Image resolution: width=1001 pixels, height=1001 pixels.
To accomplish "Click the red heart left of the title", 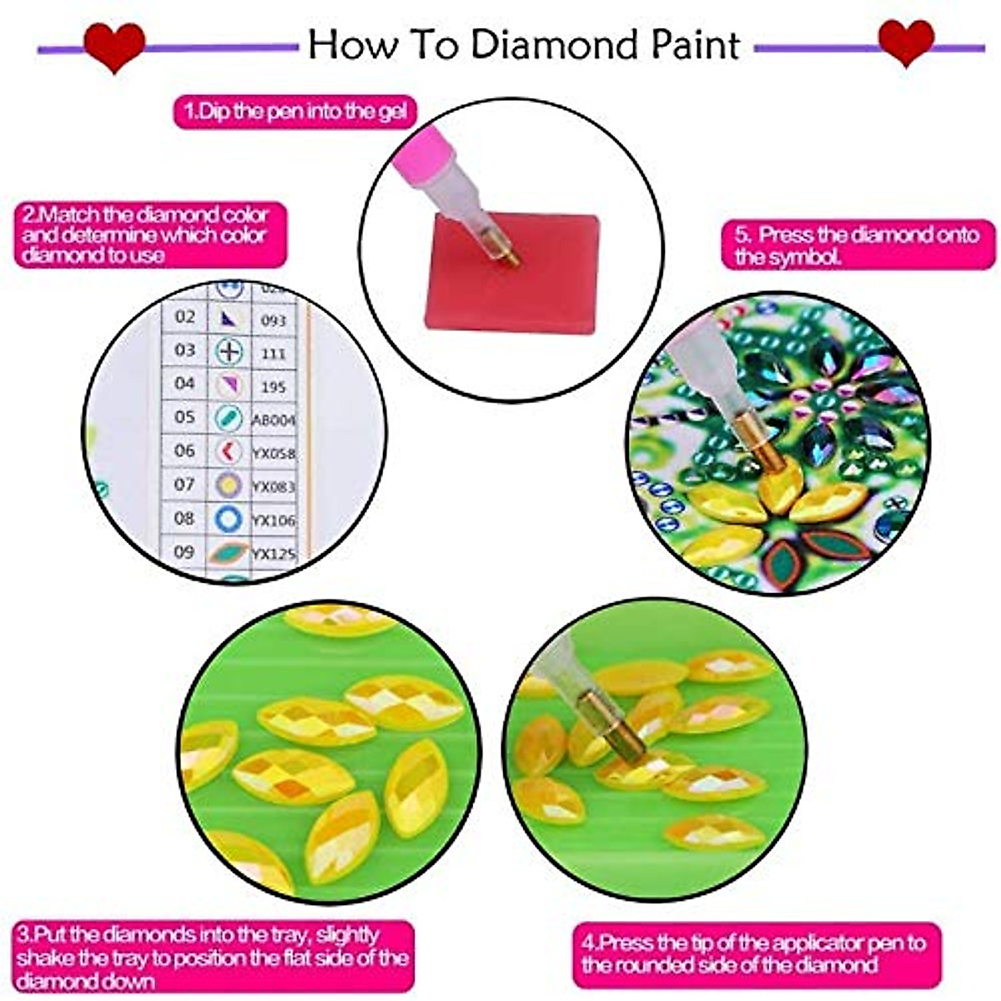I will pyautogui.click(x=114, y=48).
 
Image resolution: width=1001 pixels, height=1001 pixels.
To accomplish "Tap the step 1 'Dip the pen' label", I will pyautogui.click(x=294, y=111).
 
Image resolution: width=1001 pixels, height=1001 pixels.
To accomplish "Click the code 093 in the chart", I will pyautogui.click(x=273, y=320).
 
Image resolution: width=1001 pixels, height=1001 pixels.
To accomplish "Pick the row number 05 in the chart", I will pyautogui.click(x=184, y=416).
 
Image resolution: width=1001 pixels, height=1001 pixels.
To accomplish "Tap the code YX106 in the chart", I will pyautogui.click(x=274, y=521).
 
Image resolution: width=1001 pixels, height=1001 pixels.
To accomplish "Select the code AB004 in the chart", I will pyautogui.click(x=274, y=420).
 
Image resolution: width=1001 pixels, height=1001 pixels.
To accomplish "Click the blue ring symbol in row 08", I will pyautogui.click(x=229, y=519).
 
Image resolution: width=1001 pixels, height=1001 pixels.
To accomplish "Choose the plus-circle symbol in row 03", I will pyautogui.click(x=229, y=351).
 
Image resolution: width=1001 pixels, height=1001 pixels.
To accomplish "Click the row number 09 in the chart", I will pyautogui.click(x=184, y=551).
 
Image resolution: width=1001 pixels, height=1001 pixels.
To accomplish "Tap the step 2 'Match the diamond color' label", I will pyautogui.click(x=150, y=234).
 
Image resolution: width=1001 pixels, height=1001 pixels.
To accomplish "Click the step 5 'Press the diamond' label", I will pyautogui.click(x=858, y=245).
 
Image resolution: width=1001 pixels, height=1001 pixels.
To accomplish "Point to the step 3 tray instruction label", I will pyautogui.click(x=214, y=957).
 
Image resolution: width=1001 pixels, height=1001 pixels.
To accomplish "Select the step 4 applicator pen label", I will pyautogui.click(x=755, y=954).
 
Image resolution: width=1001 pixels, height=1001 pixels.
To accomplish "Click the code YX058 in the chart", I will pyautogui.click(x=274, y=454).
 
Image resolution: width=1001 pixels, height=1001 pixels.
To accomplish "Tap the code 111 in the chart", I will pyautogui.click(x=273, y=354).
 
